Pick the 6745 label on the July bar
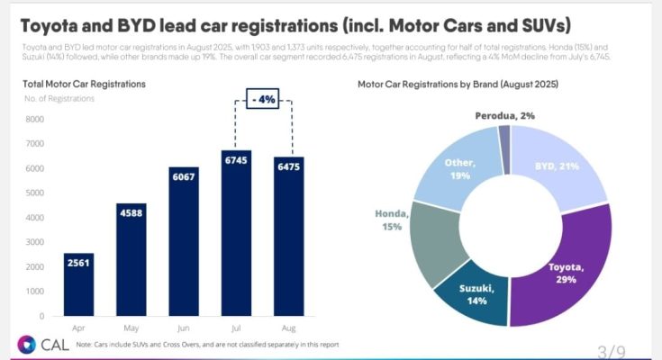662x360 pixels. tap(236, 159)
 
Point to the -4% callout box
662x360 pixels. tap(263, 100)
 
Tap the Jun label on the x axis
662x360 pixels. tap(184, 329)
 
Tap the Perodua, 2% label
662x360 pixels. tap(506, 116)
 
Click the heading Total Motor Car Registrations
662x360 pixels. tap(84, 84)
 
